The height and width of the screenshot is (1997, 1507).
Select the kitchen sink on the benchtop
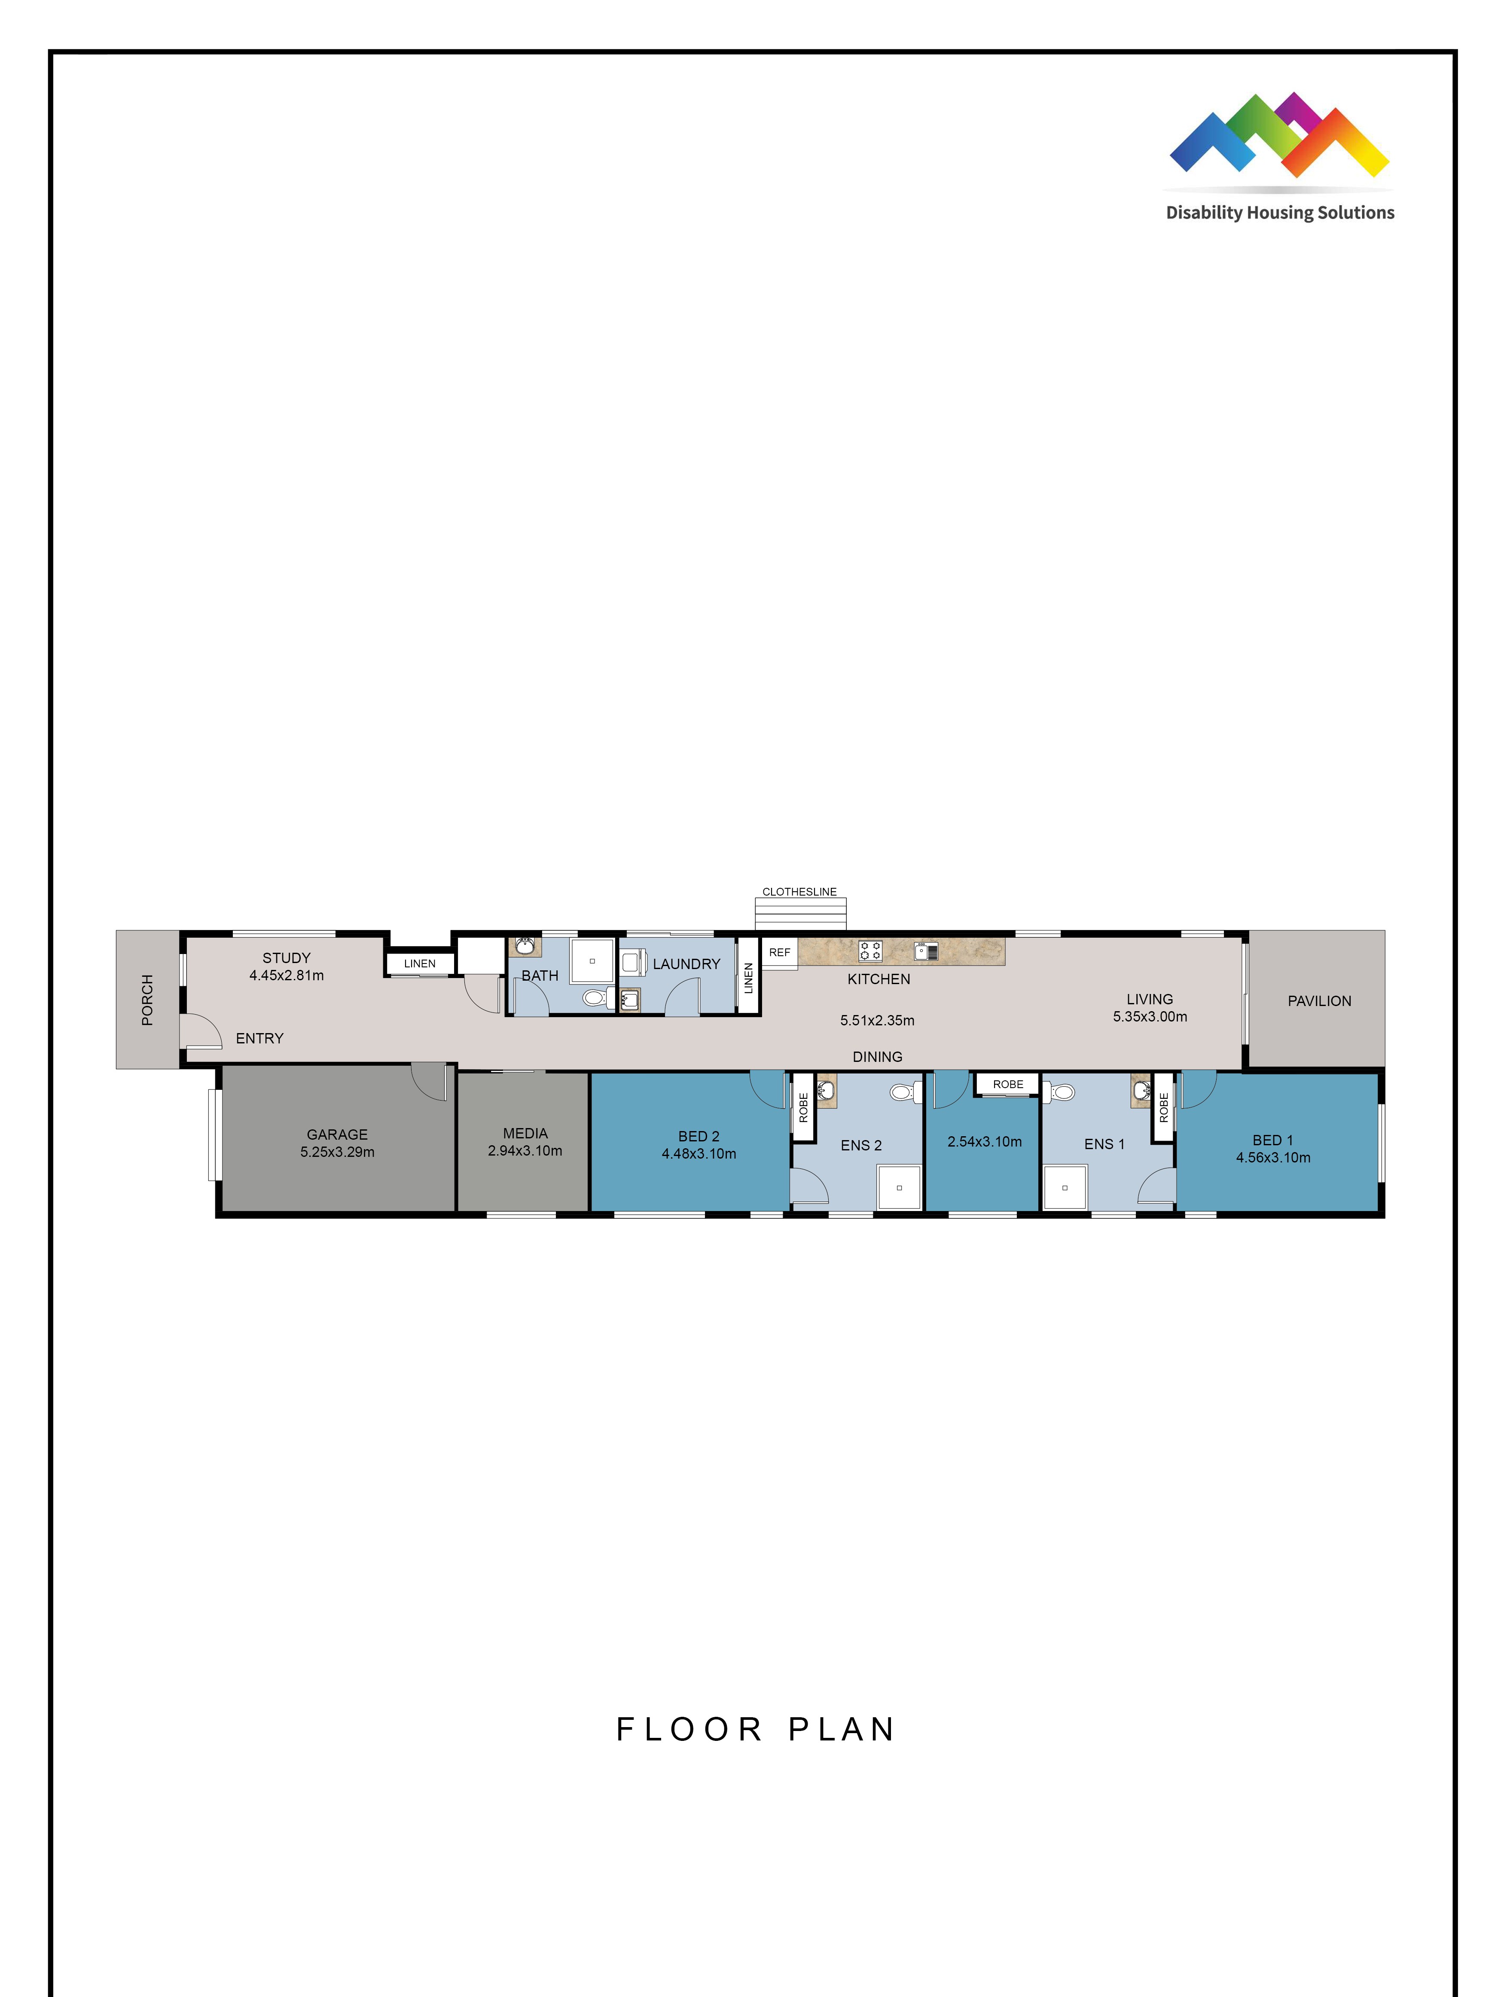927,951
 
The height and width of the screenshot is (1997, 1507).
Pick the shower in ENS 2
899,1187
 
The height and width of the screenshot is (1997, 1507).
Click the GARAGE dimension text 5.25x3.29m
338,1152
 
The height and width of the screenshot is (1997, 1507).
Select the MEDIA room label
525,1133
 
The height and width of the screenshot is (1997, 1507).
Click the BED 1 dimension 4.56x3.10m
1272,1157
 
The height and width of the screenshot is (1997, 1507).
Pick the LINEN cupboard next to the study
420,963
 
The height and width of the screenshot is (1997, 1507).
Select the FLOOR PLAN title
754,1729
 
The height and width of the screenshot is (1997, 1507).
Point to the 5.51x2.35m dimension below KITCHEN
877,1020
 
